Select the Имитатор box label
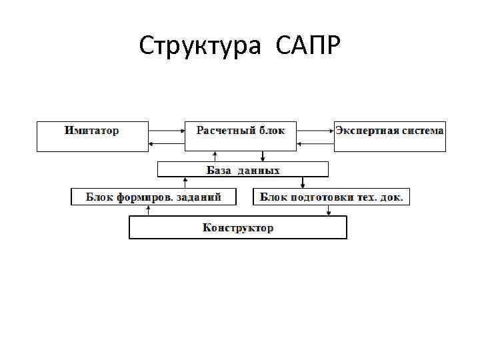[x=92, y=131]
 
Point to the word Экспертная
[x=367, y=130]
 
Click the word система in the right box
[x=422, y=130]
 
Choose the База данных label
[x=243, y=170]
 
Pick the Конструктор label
[x=238, y=228]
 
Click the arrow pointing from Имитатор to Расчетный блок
[x=167, y=131]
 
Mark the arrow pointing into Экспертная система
[x=316, y=131]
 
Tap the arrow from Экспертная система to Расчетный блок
[x=316, y=143]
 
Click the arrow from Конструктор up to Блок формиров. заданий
[x=149, y=210]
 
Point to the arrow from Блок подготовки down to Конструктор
[x=329, y=211]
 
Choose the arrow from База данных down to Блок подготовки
[x=303, y=182]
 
